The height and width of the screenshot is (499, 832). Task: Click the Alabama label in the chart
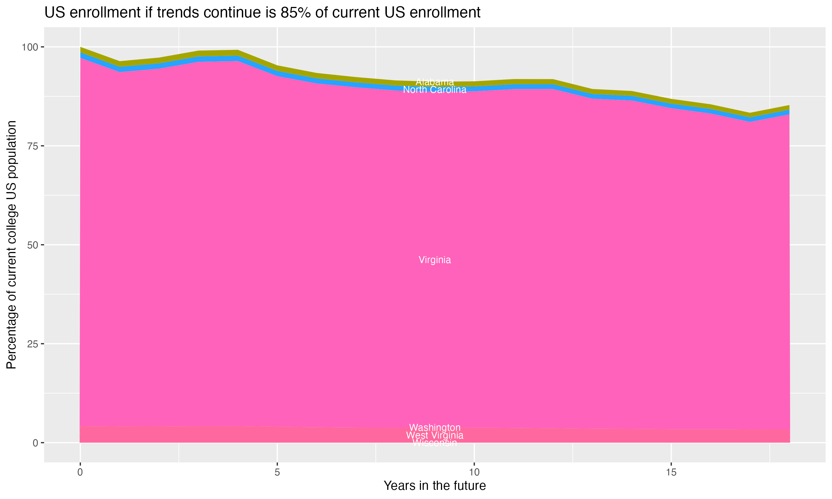point(435,82)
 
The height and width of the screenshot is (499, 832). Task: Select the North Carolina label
point(435,90)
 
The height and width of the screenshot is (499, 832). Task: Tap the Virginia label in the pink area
point(435,260)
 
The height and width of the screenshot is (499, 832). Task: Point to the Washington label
point(435,427)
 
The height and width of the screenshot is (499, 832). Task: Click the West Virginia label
point(435,435)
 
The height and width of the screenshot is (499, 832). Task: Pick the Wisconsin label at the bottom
point(435,443)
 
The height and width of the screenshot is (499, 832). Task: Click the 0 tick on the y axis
point(35,443)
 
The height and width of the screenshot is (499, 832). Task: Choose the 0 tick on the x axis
point(80,472)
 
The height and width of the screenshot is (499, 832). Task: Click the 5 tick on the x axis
point(277,472)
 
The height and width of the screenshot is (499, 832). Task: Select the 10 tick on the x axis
point(474,472)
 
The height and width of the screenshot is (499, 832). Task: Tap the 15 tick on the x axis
point(671,472)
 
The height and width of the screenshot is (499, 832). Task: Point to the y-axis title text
point(11,245)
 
